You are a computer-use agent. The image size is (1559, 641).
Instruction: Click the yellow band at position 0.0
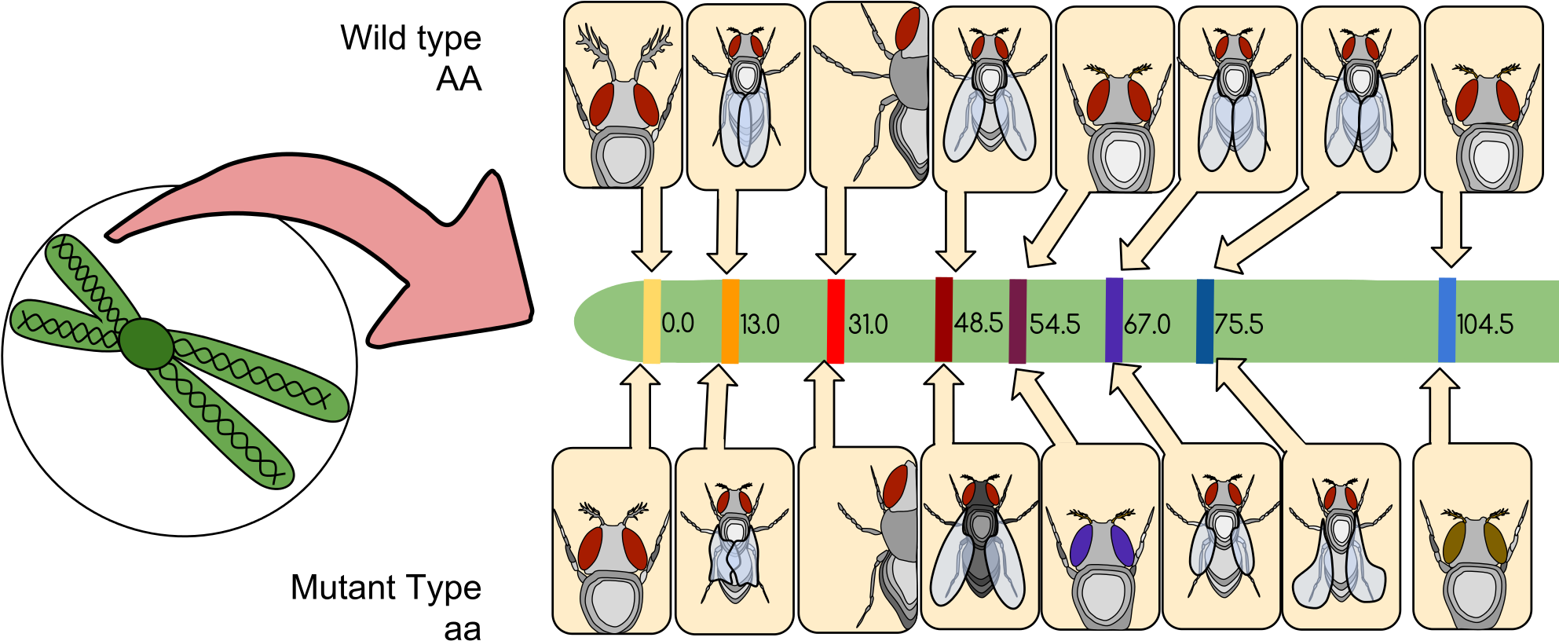(x=652, y=321)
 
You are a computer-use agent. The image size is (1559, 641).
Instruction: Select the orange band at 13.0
(x=730, y=321)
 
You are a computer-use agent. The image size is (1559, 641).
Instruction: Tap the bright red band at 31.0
(x=836, y=321)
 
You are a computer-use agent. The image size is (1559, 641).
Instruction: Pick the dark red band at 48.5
(x=944, y=319)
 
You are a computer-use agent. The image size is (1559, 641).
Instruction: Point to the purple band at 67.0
(x=1114, y=320)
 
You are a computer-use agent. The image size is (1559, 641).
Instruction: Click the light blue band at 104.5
(x=1447, y=320)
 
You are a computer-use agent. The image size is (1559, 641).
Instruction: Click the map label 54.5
(x=1055, y=324)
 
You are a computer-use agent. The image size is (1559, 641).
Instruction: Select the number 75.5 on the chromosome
(x=1239, y=324)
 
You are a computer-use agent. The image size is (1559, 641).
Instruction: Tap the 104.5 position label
(x=1484, y=324)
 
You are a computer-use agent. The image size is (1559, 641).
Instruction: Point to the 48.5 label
(x=979, y=323)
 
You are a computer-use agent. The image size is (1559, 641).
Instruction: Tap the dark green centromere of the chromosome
(x=146, y=344)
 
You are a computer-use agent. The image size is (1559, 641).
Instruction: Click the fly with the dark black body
(x=980, y=542)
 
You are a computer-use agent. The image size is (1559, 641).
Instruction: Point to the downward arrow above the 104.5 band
(x=1451, y=228)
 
